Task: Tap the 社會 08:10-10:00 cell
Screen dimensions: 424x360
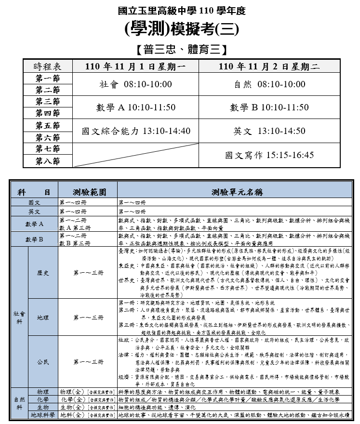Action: pyautogui.click(x=135, y=84)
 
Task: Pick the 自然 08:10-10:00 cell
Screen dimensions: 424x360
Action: pyautogui.click(x=269, y=84)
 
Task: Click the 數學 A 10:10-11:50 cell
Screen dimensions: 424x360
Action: pyautogui.click(x=135, y=107)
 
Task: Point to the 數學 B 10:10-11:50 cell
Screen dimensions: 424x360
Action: pyautogui.click(x=269, y=107)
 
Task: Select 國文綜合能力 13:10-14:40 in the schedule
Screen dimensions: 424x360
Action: pyautogui.click(x=135, y=131)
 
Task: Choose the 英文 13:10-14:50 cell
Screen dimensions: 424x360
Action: pyautogui.click(x=269, y=131)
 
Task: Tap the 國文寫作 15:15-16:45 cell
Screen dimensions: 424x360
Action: pyautogui.click(x=269, y=155)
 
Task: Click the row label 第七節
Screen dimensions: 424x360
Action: pyautogui.click(x=47, y=149)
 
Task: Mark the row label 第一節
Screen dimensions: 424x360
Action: pyautogui.click(x=47, y=78)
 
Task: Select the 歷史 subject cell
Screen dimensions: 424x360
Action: pyautogui.click(x=43, y=273)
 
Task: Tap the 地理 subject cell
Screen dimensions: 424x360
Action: pyautogui.click(x=43, y=318)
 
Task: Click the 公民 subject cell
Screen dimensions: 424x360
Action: pyautogui.click(x=43, y=362)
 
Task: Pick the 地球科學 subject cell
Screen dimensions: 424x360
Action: pyautogui.click(x=43, y=414)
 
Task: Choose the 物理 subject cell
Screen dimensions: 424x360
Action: pyautogui.click(x=43, y=392)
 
